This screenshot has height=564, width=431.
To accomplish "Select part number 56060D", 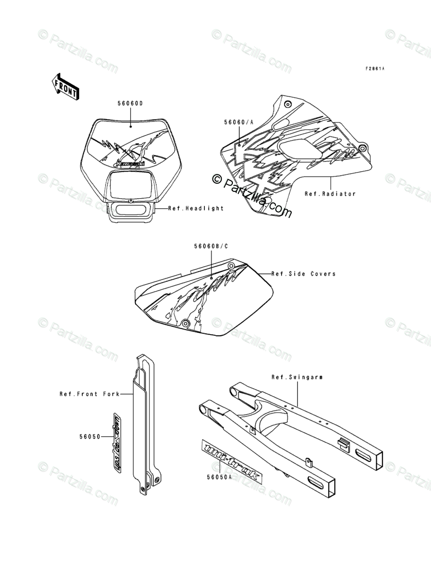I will [x=130, y=104].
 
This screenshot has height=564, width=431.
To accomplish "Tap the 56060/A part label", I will [x=238, y=123].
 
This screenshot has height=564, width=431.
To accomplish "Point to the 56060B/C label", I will [x=211, y=246].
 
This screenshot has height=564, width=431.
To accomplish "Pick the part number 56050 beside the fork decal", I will [x=90, y=437].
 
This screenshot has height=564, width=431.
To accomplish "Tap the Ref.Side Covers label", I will [x=303, y=274].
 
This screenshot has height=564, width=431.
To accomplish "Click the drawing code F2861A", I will [x=375, y=69].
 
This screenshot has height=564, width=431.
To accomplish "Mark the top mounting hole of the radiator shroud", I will [x=287, y=104].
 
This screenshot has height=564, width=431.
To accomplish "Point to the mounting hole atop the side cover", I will [x=232, y=266].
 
